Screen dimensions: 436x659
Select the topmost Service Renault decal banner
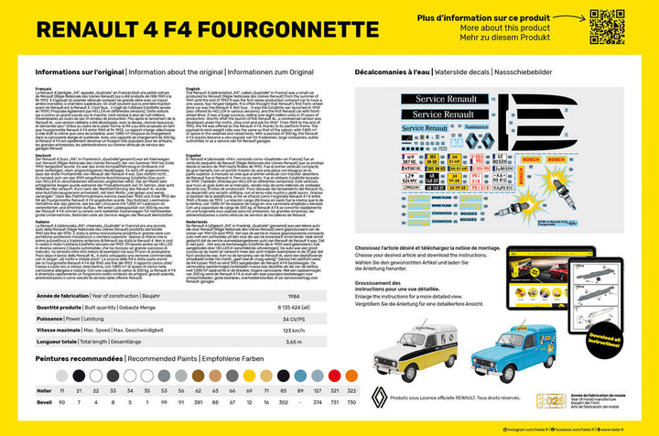441,98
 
